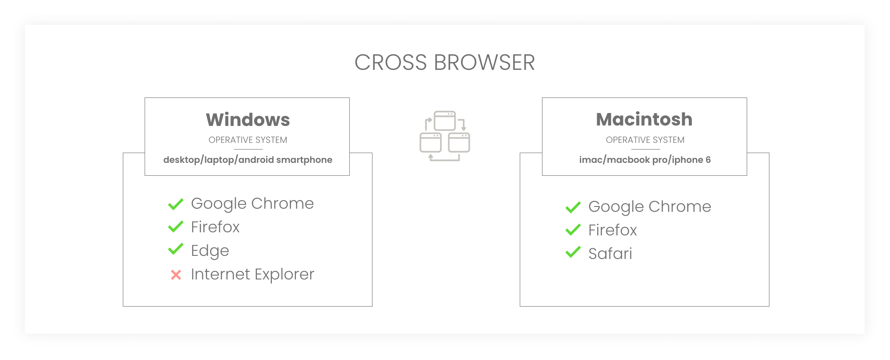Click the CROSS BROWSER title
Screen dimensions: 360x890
coord(445,62)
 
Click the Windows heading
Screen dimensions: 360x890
coord(248,120)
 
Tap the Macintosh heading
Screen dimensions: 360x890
coord(644,119)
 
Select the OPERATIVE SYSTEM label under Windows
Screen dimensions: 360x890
coord(248,140)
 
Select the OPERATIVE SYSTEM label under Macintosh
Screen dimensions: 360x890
coord(645,140)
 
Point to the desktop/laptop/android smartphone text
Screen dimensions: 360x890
coord(248,160)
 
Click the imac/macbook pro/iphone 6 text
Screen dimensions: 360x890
coord(645,160)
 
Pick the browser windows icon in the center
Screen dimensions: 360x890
coord(445,136)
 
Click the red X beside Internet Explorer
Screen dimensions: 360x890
coord(176,275)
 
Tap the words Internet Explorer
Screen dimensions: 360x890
coord(252,274)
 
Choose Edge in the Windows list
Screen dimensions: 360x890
coord(210,251)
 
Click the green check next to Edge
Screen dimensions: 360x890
coord(176,249)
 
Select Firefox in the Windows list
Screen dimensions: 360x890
coord(215,227)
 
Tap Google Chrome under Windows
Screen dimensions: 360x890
coord(252,203)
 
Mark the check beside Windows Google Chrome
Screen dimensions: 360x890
coord(176,204)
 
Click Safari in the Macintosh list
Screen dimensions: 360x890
coord(610,254)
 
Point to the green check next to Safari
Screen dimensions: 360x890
coord(573,252)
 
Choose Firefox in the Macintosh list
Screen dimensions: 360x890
coord(613,230)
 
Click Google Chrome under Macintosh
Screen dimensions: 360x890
coord(650,206)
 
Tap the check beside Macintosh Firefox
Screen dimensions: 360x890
coord(573,230)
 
